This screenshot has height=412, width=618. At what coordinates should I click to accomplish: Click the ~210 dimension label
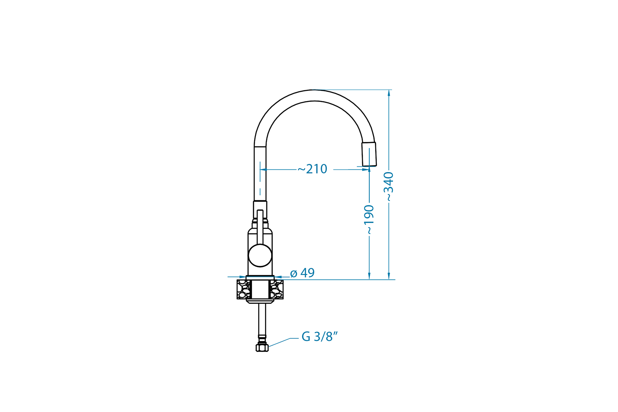click(312, 169)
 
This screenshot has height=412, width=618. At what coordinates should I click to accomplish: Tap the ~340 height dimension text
click(389, 187)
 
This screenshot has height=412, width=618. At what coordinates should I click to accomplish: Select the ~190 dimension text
click(369, 220)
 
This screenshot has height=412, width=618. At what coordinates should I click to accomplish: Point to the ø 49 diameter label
click(302, 273)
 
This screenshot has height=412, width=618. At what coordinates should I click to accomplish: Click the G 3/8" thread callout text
click(320, 336)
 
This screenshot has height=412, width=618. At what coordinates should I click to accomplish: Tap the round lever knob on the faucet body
click(260, 255)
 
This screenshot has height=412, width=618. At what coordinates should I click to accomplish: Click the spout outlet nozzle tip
click(369, 154)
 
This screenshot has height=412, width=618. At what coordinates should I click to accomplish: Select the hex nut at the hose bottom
click(262, 348)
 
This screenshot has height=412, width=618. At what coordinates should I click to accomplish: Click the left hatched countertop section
click(244, 289)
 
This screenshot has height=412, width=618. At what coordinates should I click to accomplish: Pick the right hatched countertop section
click(276, 289)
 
